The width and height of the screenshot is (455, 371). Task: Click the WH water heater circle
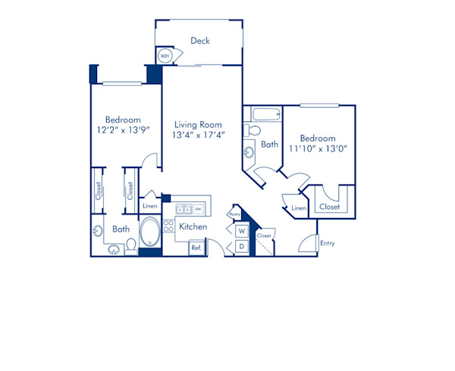click(x=165, y=56)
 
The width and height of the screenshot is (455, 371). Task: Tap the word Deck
click(x=200, y=41)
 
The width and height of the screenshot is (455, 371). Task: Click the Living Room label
click(x=198, y=125)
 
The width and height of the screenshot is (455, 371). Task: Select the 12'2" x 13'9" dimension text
click(x=123, y=130)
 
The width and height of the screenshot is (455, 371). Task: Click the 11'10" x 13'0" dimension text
click(x=317, y=149)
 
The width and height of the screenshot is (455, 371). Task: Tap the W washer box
click(x=241, y=231)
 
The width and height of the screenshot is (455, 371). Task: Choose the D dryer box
click(x=241, y=246)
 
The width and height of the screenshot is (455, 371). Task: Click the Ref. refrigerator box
click(x=196, y=247)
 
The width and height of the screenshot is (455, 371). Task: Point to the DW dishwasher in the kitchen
click(x=199, y=209)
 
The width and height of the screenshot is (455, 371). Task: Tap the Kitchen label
click(x=193, y=226)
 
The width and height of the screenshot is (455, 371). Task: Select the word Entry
click(x=327, y=243)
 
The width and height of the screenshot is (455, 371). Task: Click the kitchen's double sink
click(x=183, y=209)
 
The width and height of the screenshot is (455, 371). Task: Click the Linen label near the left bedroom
click(x=149, y=206)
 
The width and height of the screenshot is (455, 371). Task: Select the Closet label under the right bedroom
click(x=328, y=207)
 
